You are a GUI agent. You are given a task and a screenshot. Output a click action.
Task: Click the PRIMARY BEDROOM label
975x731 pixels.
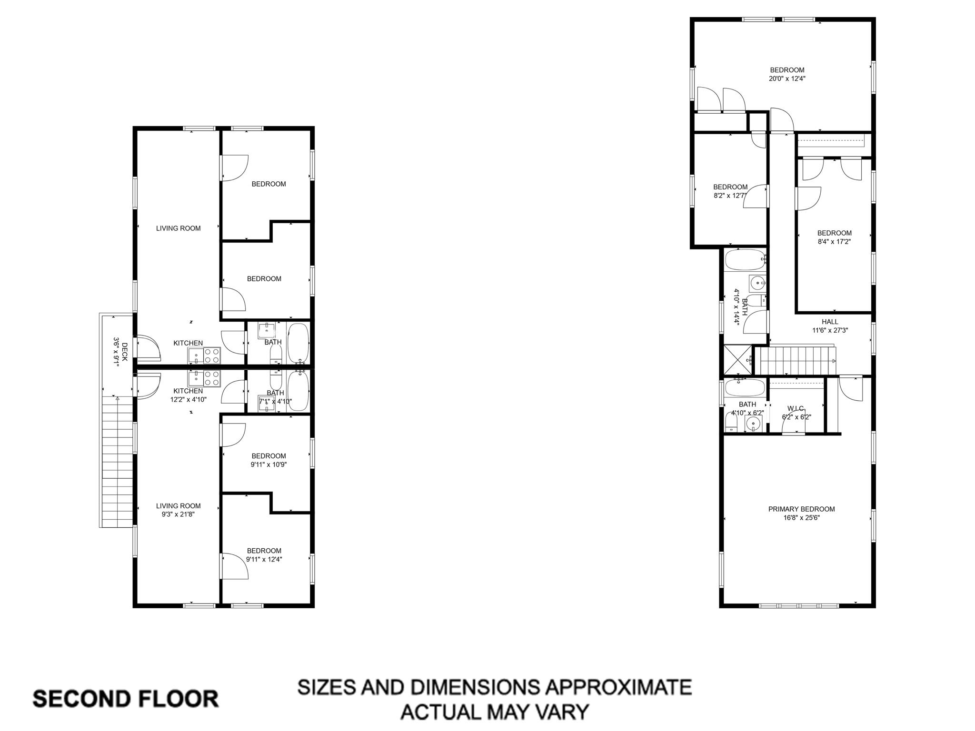click(x=801, y=509)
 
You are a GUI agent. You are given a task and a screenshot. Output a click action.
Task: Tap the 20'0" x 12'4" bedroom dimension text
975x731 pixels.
click(x=787, y=79)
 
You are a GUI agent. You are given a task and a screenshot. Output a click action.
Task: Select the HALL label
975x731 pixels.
click(x=830, y=322)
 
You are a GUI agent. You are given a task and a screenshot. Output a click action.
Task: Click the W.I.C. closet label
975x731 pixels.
click(x=796, y=408)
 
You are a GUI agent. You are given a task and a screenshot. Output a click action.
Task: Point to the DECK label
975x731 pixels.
click(x=125, y=352)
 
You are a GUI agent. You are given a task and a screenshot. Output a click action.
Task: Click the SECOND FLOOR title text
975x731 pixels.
click(x=126, y=699)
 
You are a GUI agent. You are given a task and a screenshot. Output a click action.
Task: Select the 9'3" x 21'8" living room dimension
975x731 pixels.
click(x=179, y=514)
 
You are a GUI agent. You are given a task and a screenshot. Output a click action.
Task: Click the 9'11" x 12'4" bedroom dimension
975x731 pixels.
click(x=264, y=559)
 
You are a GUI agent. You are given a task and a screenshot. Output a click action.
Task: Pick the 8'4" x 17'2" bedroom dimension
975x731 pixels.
click(x=834, y=241)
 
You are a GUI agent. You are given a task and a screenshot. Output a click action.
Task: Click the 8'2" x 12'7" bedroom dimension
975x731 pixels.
click(x=730, y=195)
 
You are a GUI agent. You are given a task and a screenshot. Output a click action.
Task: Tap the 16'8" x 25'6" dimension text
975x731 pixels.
click(x=801, y=518)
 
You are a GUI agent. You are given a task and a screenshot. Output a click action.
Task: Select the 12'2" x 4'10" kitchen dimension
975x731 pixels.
click(x=189, y=399)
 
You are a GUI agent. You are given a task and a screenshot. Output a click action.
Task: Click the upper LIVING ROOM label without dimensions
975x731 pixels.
click(x=179, y=228)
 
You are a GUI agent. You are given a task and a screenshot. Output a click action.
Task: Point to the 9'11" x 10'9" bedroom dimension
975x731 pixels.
click(x=269, y=464)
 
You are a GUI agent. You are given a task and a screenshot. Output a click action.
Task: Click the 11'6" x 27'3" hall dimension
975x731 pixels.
click(x=830, y=330)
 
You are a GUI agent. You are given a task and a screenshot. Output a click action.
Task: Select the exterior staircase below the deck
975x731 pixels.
click(x=117, y=462)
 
